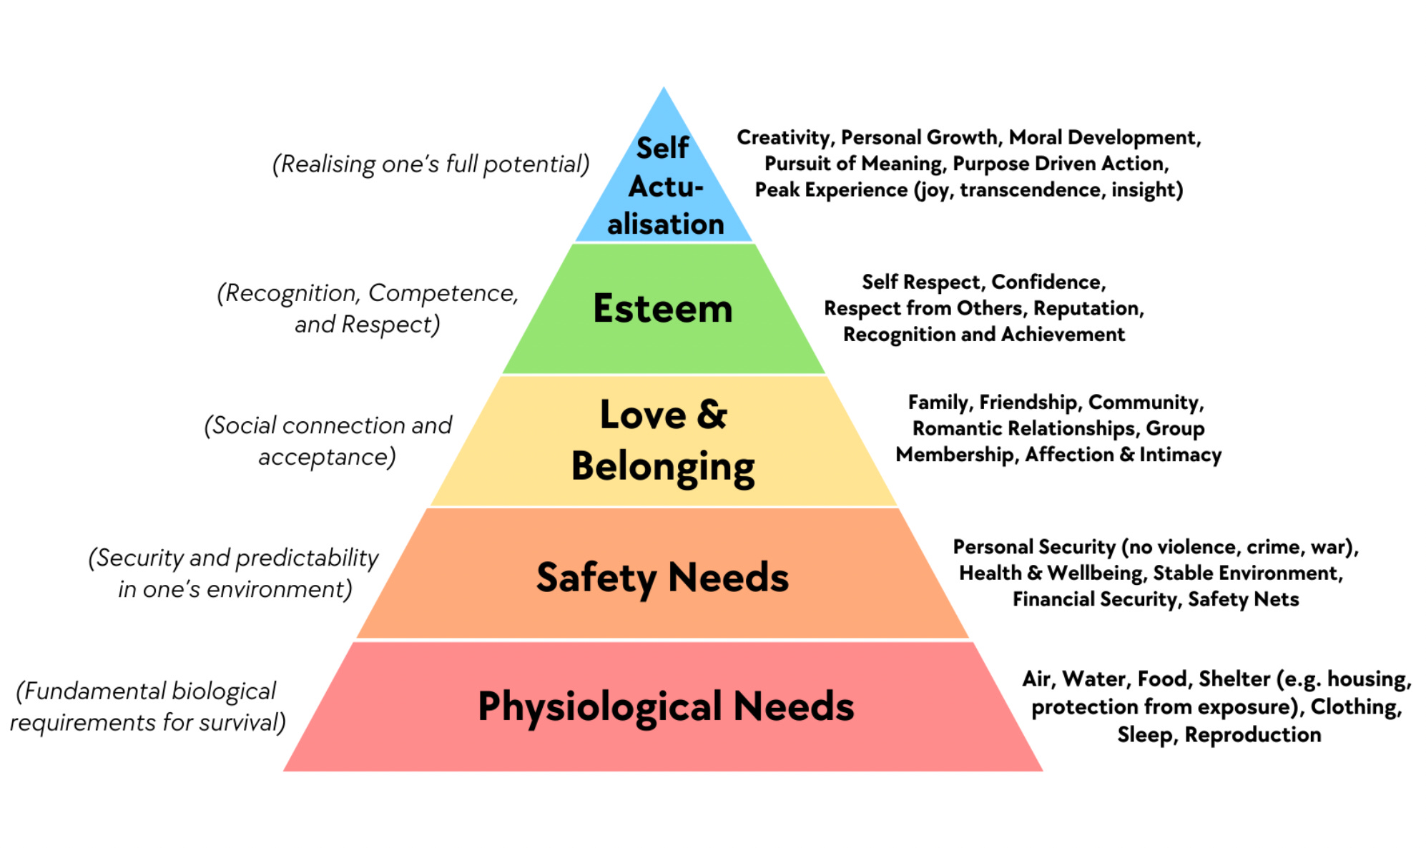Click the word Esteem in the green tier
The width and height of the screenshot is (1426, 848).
coord(662,309)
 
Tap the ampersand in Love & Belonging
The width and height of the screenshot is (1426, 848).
coord(712,415)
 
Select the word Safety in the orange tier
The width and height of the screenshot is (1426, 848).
coord(596,578)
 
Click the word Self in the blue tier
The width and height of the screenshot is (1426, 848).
coord(662,148)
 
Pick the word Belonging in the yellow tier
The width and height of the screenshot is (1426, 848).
coord(662,468)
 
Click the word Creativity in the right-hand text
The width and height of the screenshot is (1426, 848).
coord(784,137)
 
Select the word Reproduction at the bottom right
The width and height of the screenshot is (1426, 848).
coord(1252,735)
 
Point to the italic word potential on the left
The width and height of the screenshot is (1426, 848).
coord(533,164)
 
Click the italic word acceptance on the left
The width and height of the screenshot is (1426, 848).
coord(326,457)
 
